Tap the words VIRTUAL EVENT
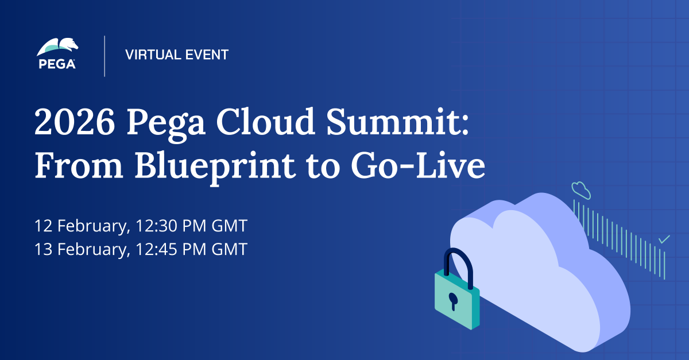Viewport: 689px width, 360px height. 177,55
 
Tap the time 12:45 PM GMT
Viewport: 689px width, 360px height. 192,250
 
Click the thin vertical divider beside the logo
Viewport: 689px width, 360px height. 104,56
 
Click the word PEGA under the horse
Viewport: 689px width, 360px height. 57,64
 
